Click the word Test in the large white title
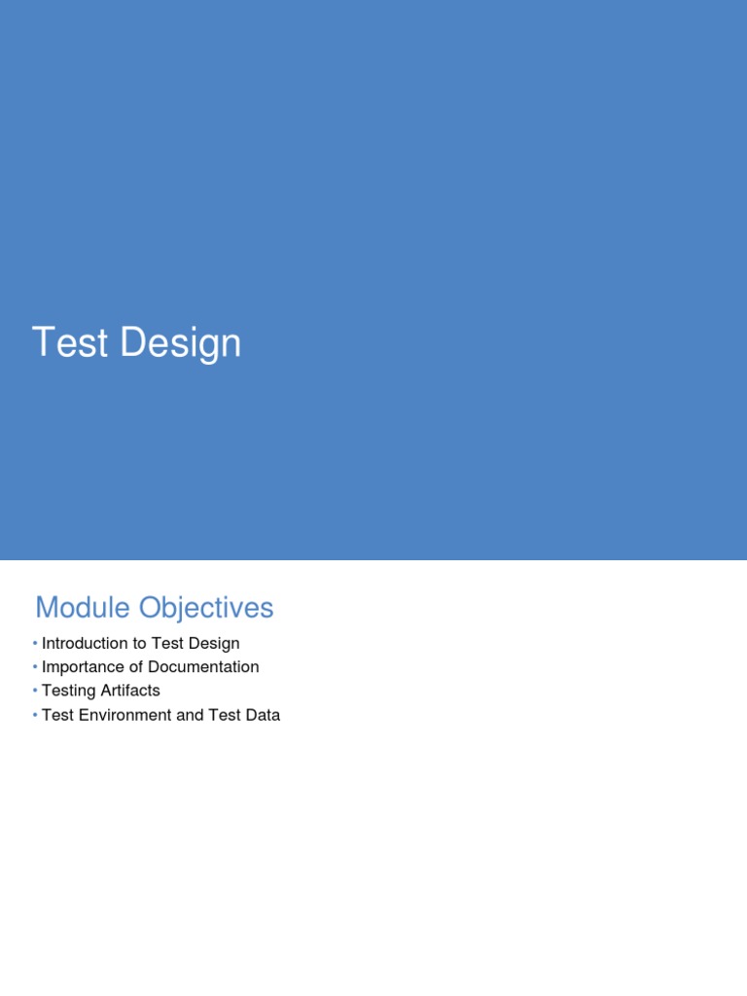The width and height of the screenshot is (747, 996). (x=68, y=343)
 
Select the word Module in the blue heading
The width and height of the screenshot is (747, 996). (x=83, y=608)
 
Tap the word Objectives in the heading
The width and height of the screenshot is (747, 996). (x=206, y=608)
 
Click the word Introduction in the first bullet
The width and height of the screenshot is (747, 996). (x=85, y=644)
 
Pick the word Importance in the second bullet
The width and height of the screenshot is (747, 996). (x=83, y=667)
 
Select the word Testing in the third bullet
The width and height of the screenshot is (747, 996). (x=68, y=692)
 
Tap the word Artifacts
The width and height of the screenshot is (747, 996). (x=129, y=692)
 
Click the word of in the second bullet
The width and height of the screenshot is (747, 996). (x=135, y=667)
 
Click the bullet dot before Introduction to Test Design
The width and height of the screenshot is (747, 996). (x=35, y=644)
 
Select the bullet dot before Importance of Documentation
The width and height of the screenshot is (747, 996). (x=35, y=667)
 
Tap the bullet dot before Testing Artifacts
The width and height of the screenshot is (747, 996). (x=35, y=692)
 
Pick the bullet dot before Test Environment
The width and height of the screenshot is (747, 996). (x=35, y=716)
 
